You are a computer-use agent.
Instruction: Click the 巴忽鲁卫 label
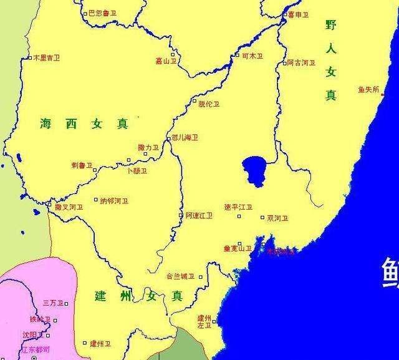tap(103, 13)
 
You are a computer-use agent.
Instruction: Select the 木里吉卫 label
tap(47, 58)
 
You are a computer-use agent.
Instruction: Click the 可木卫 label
tap(252, 56)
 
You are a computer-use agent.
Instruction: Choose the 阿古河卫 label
tap(300, 63)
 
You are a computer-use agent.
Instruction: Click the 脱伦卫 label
tap(209, 104)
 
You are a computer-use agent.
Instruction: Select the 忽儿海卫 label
tap(185, 138)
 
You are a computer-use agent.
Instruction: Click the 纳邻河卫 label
tap(114, 201)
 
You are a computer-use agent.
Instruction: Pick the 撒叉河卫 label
tap(69, 207)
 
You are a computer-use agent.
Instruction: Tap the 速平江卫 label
tap(238, 207)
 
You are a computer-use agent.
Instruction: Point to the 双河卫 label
tap(277, 218)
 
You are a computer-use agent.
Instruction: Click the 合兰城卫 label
tap(180, 276)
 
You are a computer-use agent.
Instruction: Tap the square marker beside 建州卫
tap(85, 343)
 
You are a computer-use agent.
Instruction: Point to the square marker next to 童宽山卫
tap(256, 248)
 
